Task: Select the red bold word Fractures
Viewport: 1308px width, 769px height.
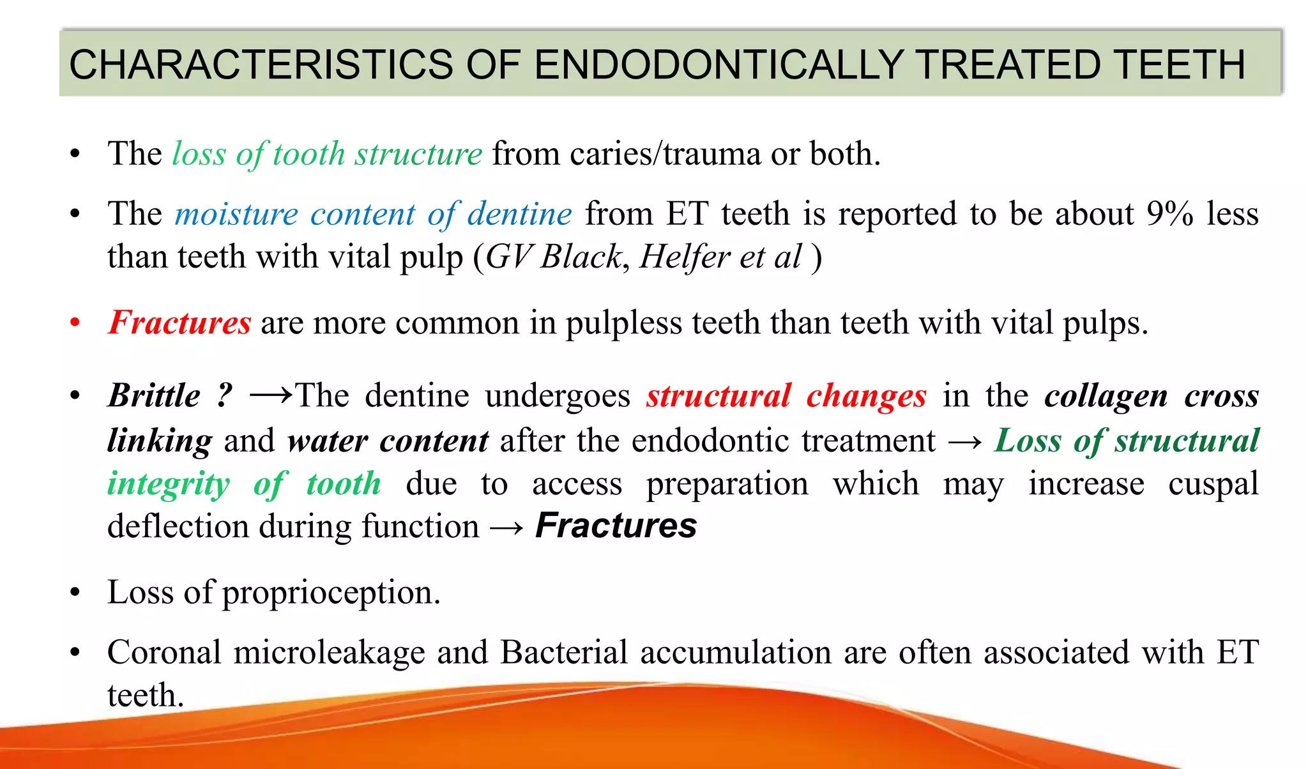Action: click(x=179, y=322)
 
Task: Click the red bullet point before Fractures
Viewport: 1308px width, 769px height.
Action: click(x=75, y=323)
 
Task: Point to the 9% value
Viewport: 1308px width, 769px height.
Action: click(x=1169, y=213)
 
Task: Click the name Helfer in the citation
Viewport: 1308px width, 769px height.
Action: click(x=685, y=257)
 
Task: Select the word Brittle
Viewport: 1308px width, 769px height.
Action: click(x=154, y=395)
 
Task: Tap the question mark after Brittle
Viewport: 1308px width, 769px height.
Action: click(x=224, y=395)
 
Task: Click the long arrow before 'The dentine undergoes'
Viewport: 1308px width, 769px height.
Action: click(x=271, y=395)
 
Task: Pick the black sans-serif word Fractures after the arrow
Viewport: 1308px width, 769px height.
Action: click(x=616, y=526)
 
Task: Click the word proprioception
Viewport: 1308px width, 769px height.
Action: click(x=331, y=593)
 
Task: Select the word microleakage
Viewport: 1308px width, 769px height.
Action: click(x=330, y=653)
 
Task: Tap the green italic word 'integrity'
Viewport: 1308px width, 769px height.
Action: click(x=169, y=483)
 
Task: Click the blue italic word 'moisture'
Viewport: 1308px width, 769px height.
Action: click(x=236, y=213)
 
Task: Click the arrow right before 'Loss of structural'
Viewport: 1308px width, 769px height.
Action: click(x=965, y=441)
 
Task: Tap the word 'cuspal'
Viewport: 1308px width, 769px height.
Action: click(x=1213, y=483)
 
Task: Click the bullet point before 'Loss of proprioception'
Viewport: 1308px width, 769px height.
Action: click(x=75, y=593)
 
